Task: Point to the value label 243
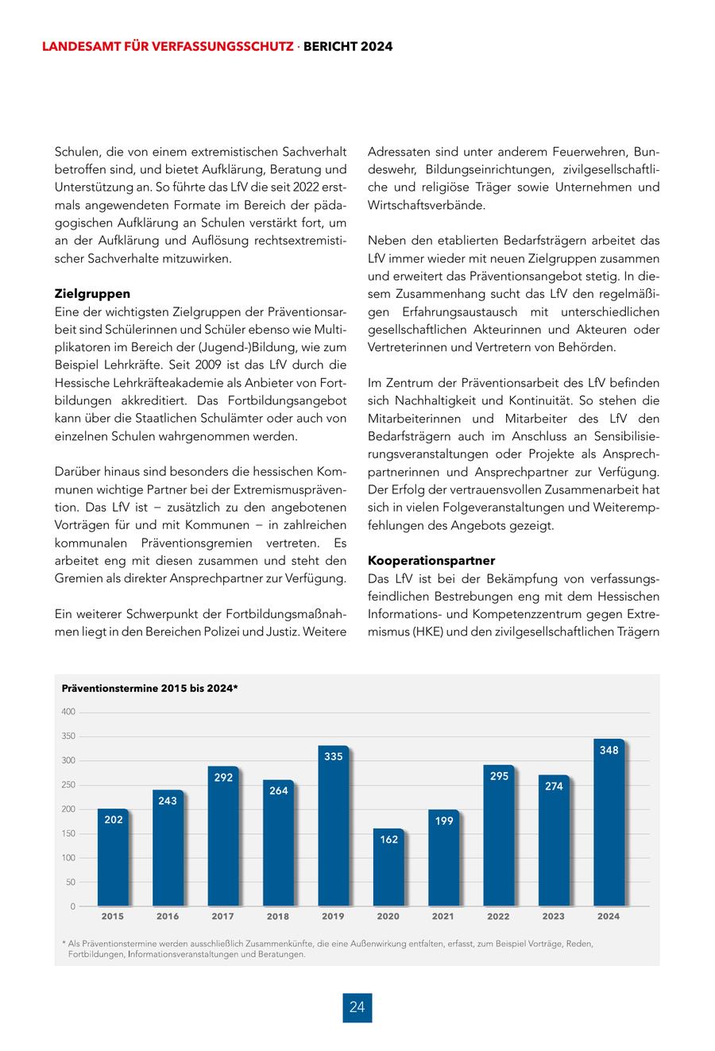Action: coord(168,801)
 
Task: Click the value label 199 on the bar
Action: coord(444,821)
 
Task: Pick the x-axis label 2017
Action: coord(222,916)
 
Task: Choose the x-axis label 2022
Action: coord(498,916)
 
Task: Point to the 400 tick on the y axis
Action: coord(68,712)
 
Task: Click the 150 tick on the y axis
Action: coord(68,833)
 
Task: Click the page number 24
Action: coord(357,1007)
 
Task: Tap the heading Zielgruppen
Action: coord(92,293)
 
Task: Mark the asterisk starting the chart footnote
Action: coord(64,944)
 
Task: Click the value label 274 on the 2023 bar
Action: coord(554,786)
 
